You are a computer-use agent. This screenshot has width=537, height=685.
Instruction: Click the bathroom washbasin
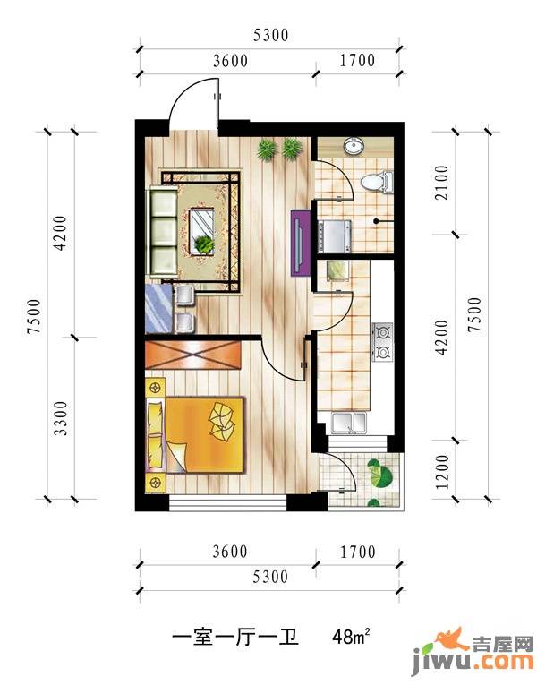354,145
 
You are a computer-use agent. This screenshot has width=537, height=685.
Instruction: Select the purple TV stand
301,243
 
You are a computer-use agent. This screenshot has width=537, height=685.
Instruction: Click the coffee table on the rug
202,231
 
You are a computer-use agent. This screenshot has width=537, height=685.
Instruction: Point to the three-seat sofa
164,232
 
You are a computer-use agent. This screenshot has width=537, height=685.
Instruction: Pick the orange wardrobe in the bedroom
193,355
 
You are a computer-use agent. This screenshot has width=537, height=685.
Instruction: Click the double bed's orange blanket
204,434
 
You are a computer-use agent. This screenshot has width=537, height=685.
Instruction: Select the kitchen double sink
349,423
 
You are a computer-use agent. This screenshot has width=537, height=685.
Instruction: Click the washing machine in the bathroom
336,235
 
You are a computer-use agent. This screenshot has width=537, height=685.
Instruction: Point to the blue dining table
159,308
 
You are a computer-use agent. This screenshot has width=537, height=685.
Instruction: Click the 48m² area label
351,636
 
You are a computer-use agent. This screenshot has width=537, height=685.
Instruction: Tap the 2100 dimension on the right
442,183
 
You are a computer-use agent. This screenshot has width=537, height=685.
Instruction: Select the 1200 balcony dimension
442,472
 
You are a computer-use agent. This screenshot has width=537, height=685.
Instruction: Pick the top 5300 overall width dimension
270,35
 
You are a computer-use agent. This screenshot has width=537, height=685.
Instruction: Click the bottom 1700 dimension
358,552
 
